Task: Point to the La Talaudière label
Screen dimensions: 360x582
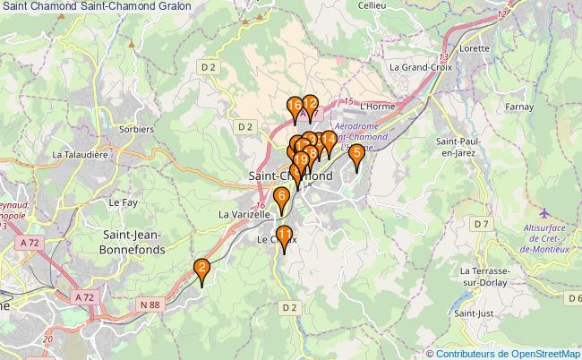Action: click(80, 155)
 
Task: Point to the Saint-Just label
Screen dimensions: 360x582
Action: click(475, 313)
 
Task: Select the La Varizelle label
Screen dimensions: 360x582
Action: click(244, 215)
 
